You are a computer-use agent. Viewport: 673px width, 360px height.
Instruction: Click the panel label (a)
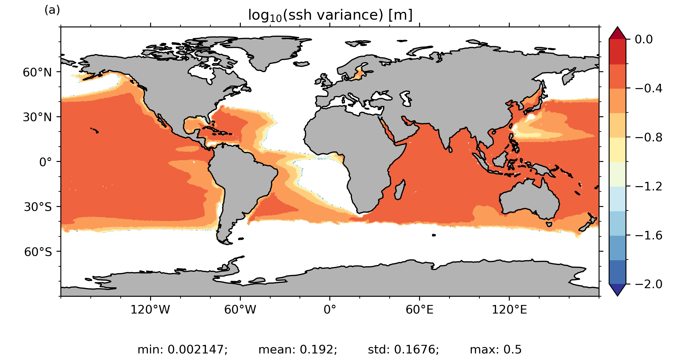52,10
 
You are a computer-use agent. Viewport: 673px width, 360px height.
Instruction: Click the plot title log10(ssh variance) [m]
330,15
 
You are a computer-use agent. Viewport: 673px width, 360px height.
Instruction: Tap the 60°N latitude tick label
37,73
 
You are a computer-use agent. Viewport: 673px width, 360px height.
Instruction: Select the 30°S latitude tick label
38,207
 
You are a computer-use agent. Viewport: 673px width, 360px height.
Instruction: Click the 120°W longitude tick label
150,310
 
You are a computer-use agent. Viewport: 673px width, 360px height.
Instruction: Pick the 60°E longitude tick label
419,310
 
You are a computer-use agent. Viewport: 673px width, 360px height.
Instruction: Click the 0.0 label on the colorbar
644,39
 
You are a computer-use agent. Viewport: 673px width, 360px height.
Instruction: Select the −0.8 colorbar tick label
648,138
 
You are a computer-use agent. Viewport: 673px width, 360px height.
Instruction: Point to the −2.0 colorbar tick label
648,284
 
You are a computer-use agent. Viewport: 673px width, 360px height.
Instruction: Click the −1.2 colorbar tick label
648,187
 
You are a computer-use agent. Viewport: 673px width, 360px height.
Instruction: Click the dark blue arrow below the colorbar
617,289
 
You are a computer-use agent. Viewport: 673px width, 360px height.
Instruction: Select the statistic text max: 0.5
495,349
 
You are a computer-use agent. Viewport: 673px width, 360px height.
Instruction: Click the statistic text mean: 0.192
298,349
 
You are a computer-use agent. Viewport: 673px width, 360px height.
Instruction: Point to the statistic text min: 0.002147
182,349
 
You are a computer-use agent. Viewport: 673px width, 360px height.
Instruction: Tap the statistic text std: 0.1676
403,349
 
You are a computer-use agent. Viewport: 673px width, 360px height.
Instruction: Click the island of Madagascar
400,190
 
